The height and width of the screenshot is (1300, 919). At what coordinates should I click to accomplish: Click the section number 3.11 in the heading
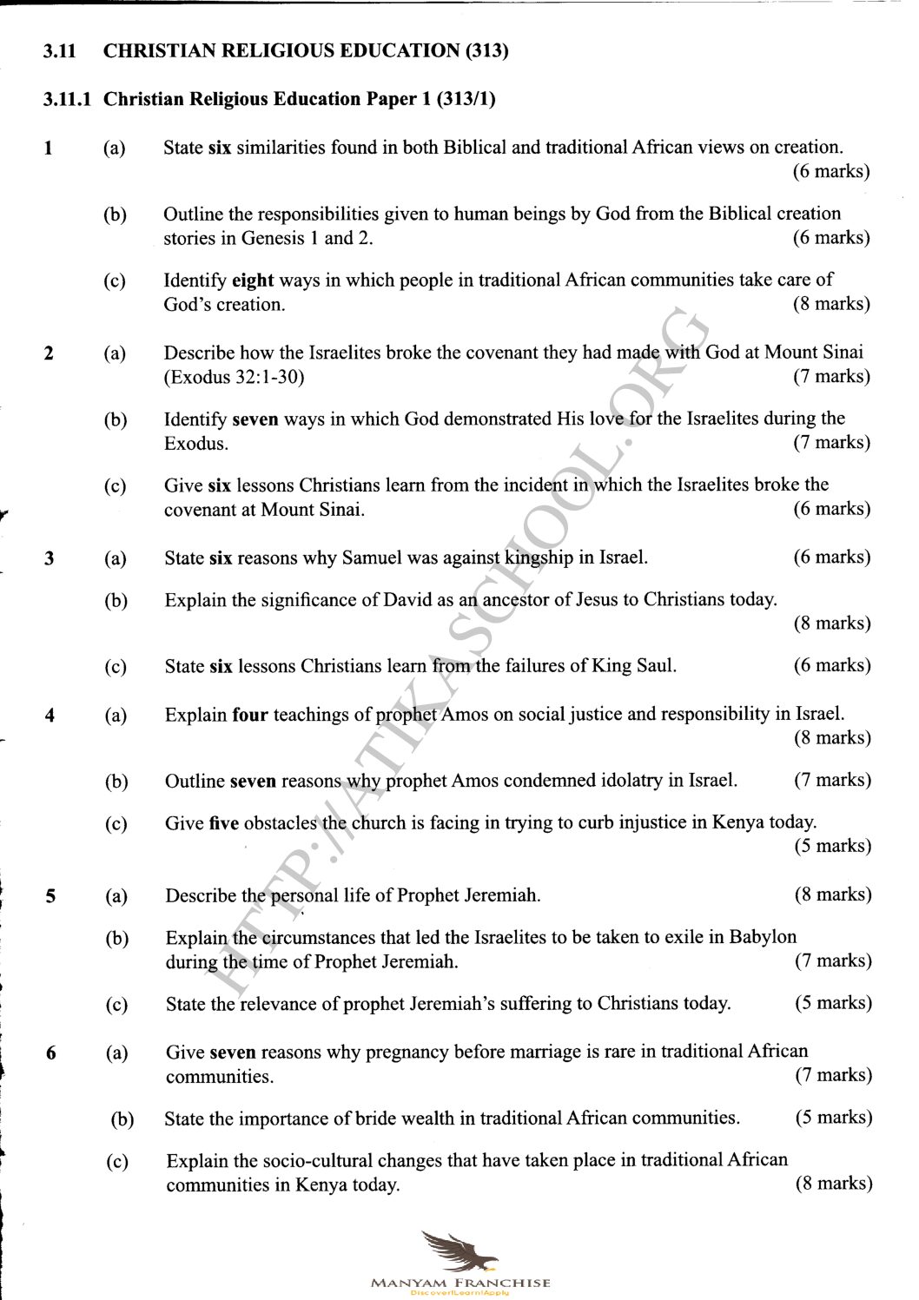coord(59,51)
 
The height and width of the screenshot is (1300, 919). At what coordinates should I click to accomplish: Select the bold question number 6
coord(51,1053)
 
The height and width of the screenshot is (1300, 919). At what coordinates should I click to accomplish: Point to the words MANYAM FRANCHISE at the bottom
coord(460,1283)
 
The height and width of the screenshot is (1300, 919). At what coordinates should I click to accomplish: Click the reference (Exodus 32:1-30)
coord(235,377)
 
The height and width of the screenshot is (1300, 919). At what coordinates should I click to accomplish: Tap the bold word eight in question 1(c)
coord(253,280)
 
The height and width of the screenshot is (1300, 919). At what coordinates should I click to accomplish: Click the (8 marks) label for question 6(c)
coord(833,1184)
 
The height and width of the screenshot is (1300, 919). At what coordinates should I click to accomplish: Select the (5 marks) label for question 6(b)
coord(833,1118)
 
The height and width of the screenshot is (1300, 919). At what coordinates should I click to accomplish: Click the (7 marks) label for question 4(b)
coord(831,780)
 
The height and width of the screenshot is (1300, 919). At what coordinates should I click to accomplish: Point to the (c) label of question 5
coord(116,1005)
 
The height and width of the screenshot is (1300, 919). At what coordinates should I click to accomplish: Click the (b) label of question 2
coord(115,420)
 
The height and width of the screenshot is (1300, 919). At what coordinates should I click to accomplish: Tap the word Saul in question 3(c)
coord(656,666)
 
